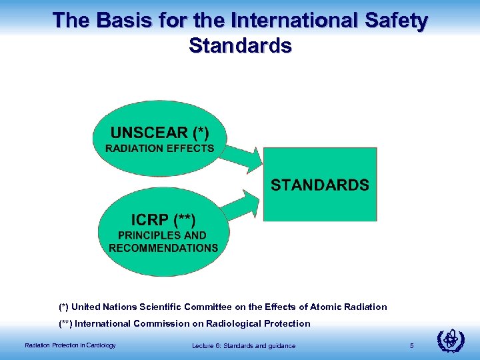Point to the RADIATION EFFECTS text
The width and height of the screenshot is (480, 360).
159,148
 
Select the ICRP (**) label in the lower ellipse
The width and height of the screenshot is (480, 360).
163,219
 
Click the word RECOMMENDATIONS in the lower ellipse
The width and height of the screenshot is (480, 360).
163,248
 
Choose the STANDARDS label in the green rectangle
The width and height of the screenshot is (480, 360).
319,185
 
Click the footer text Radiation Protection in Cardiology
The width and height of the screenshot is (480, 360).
70,345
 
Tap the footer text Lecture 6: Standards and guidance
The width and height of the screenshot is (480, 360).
243,345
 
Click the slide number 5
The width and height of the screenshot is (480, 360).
412,345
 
